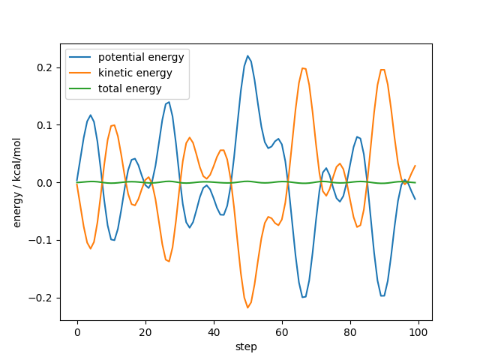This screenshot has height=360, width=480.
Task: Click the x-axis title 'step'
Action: point(246,346)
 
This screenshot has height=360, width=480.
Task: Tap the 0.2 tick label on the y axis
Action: point(46,67)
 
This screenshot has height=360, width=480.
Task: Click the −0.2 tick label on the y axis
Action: point(43,298)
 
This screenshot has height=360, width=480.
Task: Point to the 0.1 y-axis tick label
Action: point(46,125)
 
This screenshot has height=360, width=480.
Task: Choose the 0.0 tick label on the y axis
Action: point(46,183)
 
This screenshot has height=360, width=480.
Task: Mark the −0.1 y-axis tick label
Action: point(43,240)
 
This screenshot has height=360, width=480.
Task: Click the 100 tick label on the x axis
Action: point(418,331)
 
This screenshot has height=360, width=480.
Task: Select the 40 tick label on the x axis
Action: point(214,331)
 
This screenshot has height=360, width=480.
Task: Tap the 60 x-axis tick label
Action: point(282,331)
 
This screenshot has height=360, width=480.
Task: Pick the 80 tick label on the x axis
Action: point(350,331)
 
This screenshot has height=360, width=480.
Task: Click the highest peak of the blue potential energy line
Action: point(247,55)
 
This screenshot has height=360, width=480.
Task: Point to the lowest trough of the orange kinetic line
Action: point(247,307)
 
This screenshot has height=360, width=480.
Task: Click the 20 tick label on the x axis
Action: point(145,331)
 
